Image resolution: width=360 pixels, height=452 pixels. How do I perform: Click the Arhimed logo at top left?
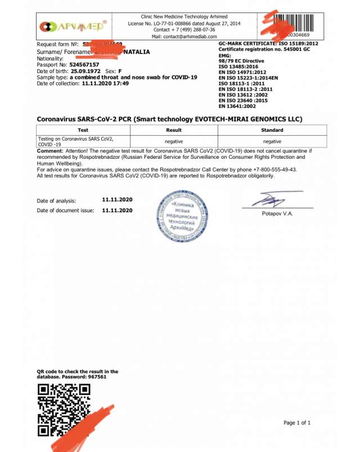click(x=73, y=26)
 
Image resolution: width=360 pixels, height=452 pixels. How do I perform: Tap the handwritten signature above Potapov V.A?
click(x=271, y=200)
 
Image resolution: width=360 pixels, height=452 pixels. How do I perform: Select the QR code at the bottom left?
click(x=64, y=410)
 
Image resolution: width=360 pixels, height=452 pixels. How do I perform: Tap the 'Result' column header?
click(x=174, y=129)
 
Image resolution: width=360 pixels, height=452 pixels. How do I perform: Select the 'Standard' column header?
click(x=272, y=129)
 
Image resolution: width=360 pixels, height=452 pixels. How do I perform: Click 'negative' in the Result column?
click(x=174, y=142)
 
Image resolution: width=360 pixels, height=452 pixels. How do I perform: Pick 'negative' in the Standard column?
click(x=272, y=142)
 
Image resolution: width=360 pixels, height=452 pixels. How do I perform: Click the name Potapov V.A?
click(x=277, y=213)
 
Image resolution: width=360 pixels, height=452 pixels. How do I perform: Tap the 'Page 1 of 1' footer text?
click(x=297, y=423)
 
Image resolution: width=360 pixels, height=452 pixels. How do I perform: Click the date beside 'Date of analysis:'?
click(x=118, y=200)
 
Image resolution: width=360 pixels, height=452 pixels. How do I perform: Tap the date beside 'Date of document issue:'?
click(x=118, y=210)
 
